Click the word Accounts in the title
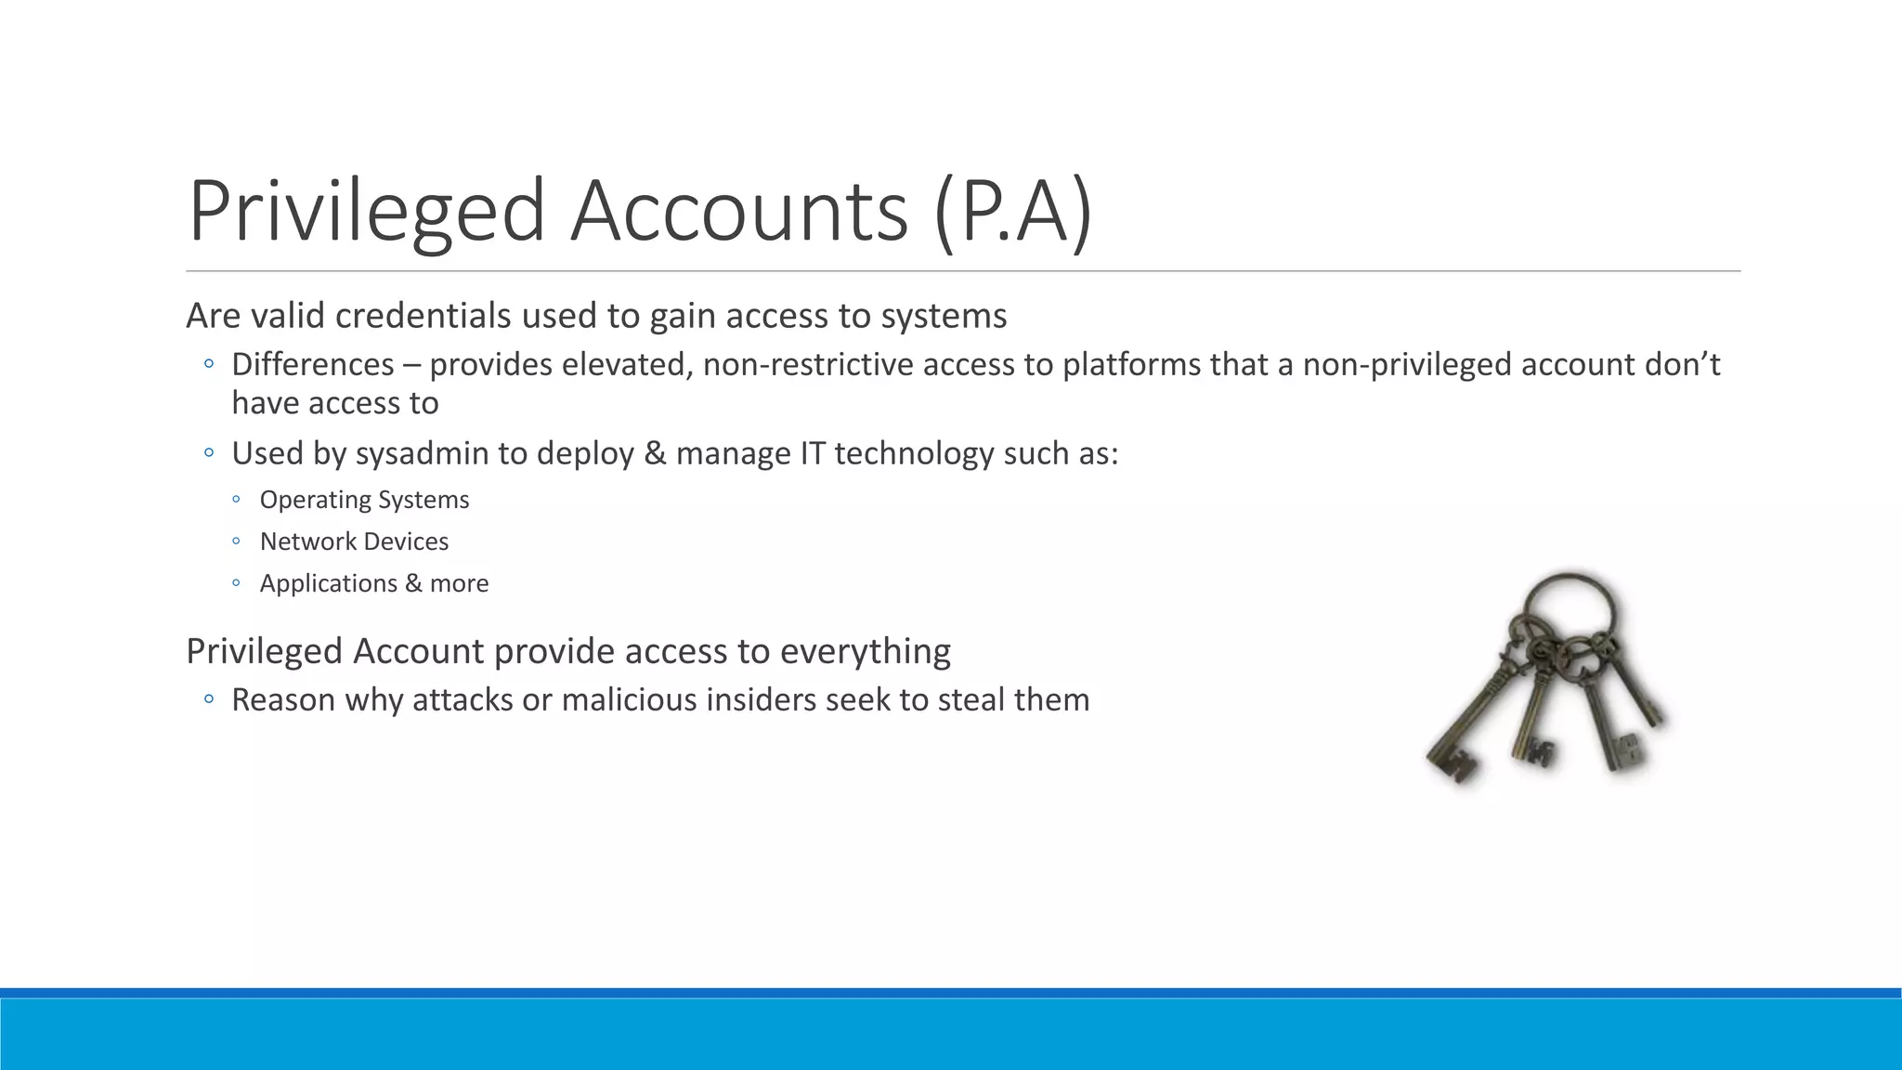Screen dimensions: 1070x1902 (738, 211)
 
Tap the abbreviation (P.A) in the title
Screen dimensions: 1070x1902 (1013, 213)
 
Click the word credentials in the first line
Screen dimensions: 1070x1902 (423, 316)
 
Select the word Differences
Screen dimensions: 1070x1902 (313, 364)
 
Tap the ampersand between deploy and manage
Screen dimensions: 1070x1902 (655, 453)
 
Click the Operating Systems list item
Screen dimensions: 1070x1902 (364, 500)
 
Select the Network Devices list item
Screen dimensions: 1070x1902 (354, 542)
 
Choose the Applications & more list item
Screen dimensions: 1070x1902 (373, 583)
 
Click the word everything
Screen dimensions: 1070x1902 (865, 651)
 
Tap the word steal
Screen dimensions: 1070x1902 (971, 699)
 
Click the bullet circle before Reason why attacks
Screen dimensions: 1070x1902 (209, 699)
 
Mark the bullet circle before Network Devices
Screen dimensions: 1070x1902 (237, 542)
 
